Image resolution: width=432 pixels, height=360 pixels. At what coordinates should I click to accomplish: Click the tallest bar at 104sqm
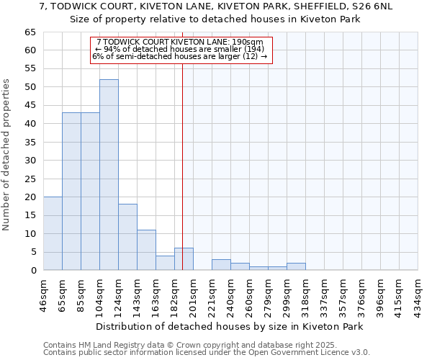(x=109, y=175)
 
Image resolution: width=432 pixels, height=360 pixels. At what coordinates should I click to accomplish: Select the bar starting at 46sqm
(x=53, y=233)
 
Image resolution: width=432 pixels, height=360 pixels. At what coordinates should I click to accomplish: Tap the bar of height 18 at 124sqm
(x=127, y=237)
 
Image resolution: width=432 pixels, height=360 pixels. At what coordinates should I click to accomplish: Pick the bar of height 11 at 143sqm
(x=146, y=250)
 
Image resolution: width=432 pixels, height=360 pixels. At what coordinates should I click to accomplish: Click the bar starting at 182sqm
(x=184, y=259)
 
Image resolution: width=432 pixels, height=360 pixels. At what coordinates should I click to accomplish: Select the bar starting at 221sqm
(x=221, y=265)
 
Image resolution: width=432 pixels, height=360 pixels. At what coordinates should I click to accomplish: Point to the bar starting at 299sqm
(x=296, y=266)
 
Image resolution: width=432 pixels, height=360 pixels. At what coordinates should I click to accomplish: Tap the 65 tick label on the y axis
(x=30, y=32)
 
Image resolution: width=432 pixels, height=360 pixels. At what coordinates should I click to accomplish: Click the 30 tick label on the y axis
(x=30, y=161)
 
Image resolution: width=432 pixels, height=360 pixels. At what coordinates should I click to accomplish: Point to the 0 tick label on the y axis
(x=32, y=271)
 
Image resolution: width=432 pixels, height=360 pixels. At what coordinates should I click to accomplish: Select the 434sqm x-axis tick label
(x=418, y=293)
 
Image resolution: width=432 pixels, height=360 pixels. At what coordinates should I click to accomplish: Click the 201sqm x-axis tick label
(x=193, y=293)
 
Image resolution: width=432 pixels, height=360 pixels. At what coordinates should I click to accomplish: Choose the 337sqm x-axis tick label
(x=324, y=293)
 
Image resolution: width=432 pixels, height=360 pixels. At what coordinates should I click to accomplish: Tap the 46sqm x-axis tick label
(x=43, y=293)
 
